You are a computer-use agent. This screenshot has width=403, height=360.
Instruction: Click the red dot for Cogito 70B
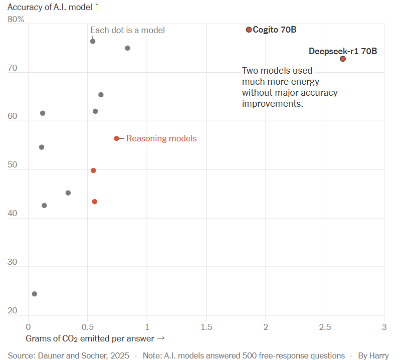pyautogui.click(x=249, y=30)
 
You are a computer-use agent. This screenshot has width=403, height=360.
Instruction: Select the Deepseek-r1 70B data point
pyautogui.click(x=343, y=59)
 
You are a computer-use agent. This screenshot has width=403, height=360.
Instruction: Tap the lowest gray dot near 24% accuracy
pyautogui.click(x=34, y=294)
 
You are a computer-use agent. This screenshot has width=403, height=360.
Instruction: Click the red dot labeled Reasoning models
pyautogui.click(x=116, y=138)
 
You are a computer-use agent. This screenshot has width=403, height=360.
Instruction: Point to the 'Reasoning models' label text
pyautogui.click(x=161, y=138)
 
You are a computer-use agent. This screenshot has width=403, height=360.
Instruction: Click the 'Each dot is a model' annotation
pyautogui.click(x=127, y=30)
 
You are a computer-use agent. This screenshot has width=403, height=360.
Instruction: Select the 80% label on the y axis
pyautogui.click(x=16, y=19)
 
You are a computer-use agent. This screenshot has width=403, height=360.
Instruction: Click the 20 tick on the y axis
pyautogui.click(x=13, y=311)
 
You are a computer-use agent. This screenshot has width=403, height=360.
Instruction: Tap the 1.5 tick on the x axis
pyautogui.click(x=206, y=326)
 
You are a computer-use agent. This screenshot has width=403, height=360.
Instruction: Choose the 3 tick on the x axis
pyautogui.click(x=384, y=326)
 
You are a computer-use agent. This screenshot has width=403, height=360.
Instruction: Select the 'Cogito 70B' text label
pyautogui.click(x=275, y=30)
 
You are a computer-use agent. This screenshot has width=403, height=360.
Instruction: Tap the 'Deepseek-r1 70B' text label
pyautogui.click(x=343, y=51)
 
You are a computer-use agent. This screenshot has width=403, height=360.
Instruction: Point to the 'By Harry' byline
pyautogui.click(x=373, y=355)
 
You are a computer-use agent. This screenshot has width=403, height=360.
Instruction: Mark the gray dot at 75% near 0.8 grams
pyautogui.click(x=127, y=48)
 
